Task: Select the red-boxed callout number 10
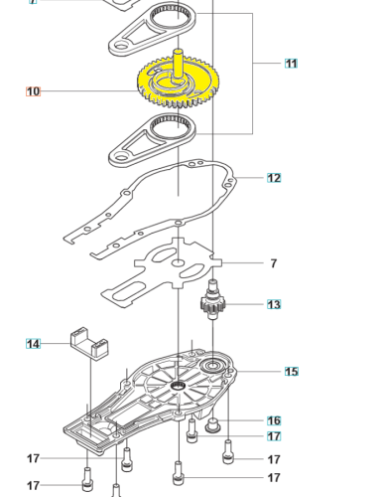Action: tap(34, 91)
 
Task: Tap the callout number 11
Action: tap(291, 64)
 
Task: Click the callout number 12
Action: tap(274, 178)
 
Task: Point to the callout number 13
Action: tap(274, 304)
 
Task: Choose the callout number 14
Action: tap(34, 344)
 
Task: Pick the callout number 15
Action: tap(291, 372)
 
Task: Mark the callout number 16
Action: tap(274, 420)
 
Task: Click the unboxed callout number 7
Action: tap(274, 263)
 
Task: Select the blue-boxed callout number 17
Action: tap(274, 436)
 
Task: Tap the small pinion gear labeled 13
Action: tap(213, 304)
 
